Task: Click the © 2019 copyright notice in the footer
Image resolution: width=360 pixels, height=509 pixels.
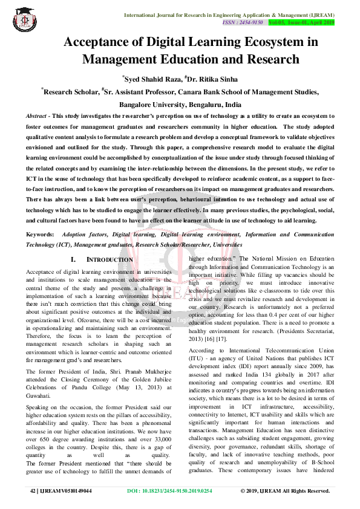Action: coord(284,491)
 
